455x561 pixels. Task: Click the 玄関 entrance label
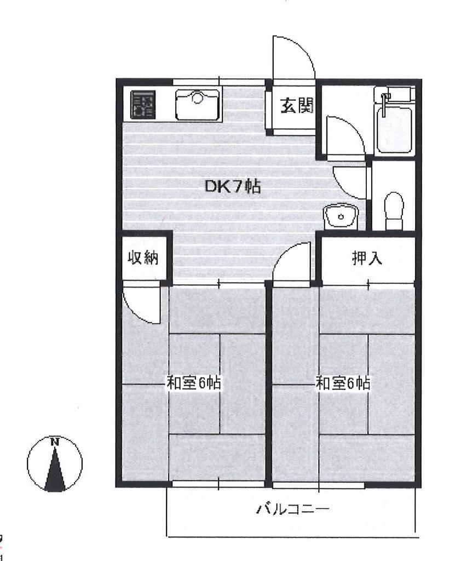click(297, 106)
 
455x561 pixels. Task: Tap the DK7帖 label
click(232, 186)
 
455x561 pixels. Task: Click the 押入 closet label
click(367, 258)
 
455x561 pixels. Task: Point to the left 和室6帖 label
click(193, 383)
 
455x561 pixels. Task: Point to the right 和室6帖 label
click(343, 383)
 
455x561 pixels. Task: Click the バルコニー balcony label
click(292, 509)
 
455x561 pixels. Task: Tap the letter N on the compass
click(55, 442)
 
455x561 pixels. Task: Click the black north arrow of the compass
click(55, 469)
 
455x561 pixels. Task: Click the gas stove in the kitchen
click(143, 104)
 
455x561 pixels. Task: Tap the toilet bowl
click(394, 211)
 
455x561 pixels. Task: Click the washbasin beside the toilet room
click(341, 216)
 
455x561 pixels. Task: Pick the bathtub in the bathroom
click(394, 131)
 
